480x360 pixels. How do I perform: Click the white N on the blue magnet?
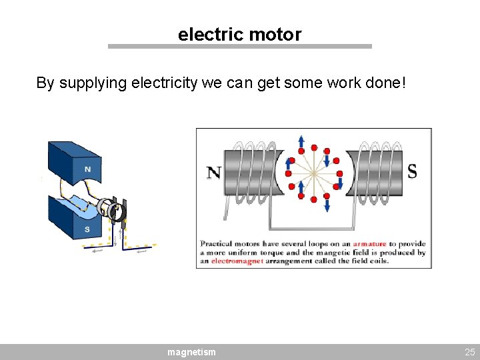click(87, 169)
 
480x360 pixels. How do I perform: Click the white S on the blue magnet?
click(87, 230)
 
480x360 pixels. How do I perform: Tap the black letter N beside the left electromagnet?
click(213, 173)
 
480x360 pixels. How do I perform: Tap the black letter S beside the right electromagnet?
click(412, 172)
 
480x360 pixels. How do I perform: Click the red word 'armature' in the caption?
click(369, 244)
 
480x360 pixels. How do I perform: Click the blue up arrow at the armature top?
click(301, 142)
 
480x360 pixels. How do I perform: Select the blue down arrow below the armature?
click(327, 205)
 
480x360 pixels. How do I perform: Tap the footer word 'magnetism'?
click(191, 351)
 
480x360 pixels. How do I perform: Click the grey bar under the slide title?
click(239, 47)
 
